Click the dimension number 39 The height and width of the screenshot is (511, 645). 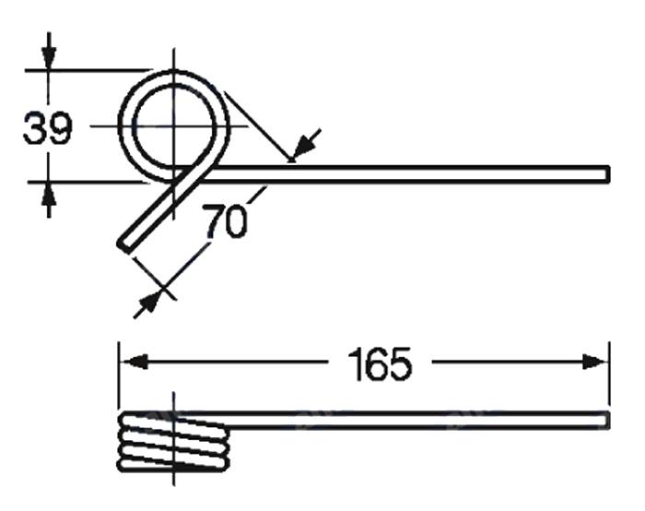[47, 128]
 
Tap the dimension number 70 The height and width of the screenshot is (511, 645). [227, 222]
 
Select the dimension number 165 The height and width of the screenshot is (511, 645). [380, 364]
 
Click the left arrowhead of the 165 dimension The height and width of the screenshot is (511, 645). [133, 362]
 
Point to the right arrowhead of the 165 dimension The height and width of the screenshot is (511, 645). [595, 362]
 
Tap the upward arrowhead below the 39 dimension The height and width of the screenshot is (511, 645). [49, 194]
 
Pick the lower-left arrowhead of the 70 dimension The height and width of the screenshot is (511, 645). [149, 303]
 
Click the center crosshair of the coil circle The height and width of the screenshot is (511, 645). [173, 126]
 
